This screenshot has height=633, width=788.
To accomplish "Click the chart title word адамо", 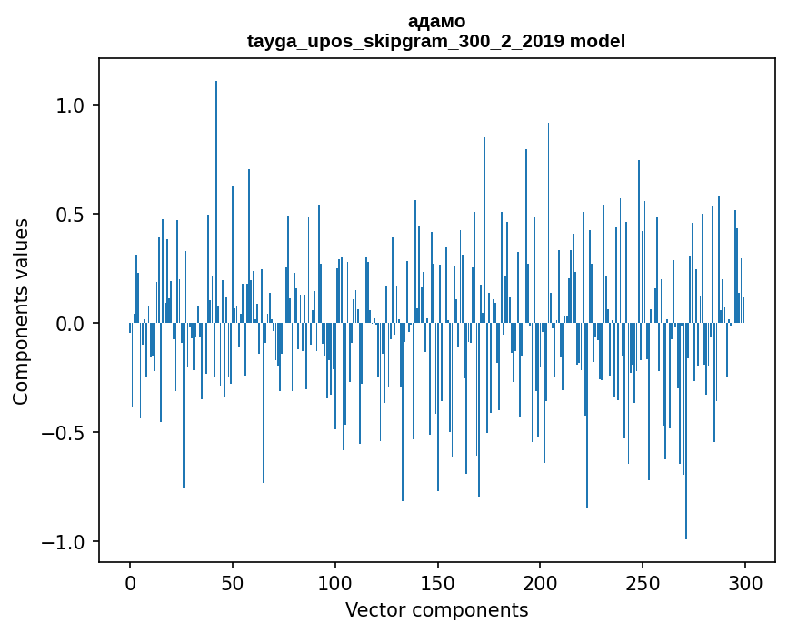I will point(436,21).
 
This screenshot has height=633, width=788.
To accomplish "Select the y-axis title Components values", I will point(21,311).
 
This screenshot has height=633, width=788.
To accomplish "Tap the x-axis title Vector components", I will point(436,609).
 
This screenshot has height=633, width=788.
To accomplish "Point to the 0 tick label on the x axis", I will point(130,582).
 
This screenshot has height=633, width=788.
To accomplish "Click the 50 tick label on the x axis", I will point(233,582).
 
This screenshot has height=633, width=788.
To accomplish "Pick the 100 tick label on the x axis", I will point(335,582).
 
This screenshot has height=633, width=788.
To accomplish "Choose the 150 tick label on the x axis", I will point(437,582).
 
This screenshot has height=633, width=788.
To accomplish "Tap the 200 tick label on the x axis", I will point(540,582).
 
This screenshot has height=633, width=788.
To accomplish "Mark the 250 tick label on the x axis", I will point(643,582).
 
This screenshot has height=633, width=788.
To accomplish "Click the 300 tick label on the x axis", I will point(745,582).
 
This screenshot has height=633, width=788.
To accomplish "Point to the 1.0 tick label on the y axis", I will point(70,105).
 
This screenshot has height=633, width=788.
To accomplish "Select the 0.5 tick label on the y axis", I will point(70,215).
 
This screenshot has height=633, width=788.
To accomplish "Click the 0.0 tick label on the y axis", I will point(70,324).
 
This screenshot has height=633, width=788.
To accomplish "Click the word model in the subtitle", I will point(597,41).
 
